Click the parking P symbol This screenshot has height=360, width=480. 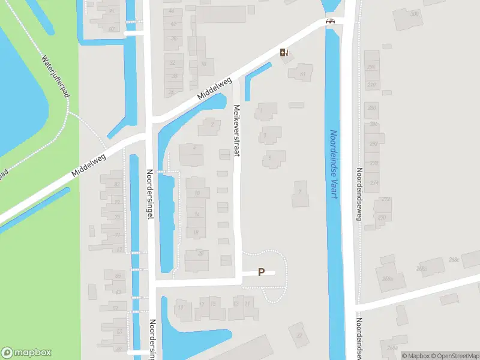click(261, 272)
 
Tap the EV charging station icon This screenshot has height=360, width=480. click(284, 52)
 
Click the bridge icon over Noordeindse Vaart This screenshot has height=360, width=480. click(329, 22)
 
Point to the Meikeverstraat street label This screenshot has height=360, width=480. click(236, 131)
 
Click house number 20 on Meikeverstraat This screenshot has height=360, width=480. click(200, 254)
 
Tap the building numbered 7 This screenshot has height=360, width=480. click(299, 192)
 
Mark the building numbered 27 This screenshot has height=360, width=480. click(298, 334)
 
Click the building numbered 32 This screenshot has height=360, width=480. click(173, 63)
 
